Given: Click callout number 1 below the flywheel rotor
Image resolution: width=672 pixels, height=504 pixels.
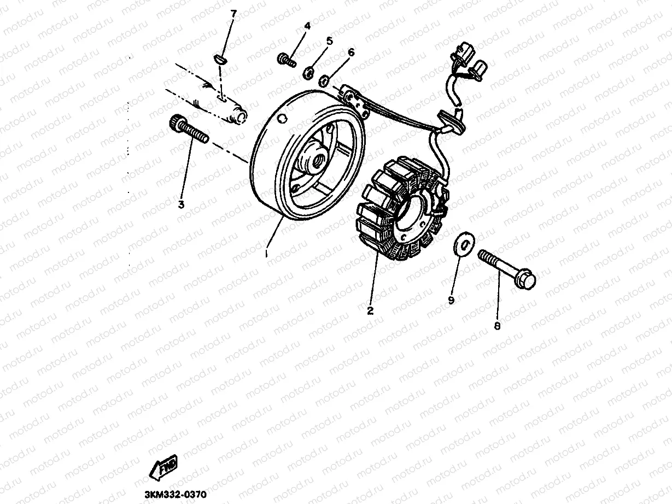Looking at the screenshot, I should (266, 254).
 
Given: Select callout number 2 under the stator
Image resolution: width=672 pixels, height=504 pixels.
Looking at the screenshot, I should (370, 310).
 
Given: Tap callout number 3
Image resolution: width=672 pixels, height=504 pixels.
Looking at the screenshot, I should (181, 204).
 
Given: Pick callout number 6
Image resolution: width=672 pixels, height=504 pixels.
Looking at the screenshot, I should (350, 52).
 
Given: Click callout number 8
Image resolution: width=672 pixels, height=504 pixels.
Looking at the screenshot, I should (496, 326).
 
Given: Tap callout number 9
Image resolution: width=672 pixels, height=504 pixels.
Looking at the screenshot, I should (451, 300).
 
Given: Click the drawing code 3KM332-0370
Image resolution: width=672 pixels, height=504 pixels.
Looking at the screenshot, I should (174, 494).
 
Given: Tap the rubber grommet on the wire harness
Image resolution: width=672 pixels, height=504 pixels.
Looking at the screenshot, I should (451, 122).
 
